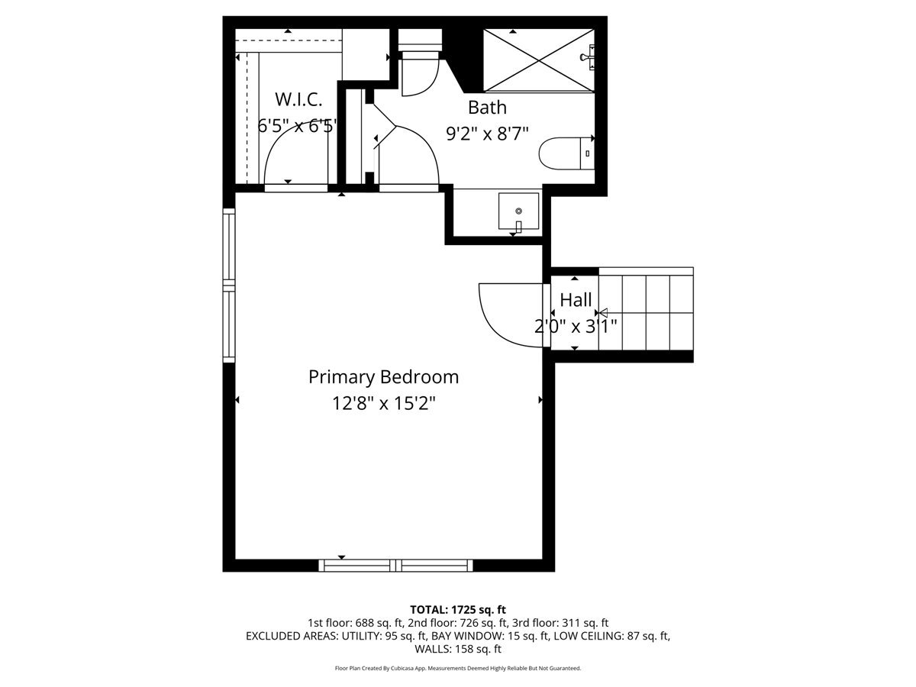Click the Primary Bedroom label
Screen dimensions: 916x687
pos(383,377)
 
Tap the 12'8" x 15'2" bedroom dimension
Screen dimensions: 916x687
pos(383,403)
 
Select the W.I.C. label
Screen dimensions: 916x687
pos(298,99)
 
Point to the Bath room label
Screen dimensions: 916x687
pos(487,108)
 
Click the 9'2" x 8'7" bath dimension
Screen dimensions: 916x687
pos(487,134)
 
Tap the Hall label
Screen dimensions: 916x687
pos(576,300)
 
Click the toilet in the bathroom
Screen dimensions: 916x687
pos(566,153)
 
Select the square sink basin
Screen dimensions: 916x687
pos(518,211)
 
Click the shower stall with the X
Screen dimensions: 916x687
pos(539,60)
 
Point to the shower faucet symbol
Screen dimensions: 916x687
pos(588,57)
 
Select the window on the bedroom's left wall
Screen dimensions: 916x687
pos(229,285)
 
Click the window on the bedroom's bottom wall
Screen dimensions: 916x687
pos(395,566)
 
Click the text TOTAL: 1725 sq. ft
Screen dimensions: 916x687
pos(458,610)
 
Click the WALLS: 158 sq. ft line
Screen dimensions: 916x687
pos(458,649)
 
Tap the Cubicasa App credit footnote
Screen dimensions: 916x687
pos(458,668)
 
